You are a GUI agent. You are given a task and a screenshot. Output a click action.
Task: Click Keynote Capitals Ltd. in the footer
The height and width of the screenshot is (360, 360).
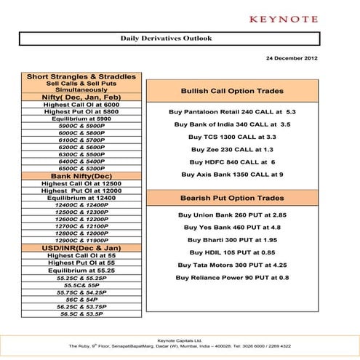[180, 339]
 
